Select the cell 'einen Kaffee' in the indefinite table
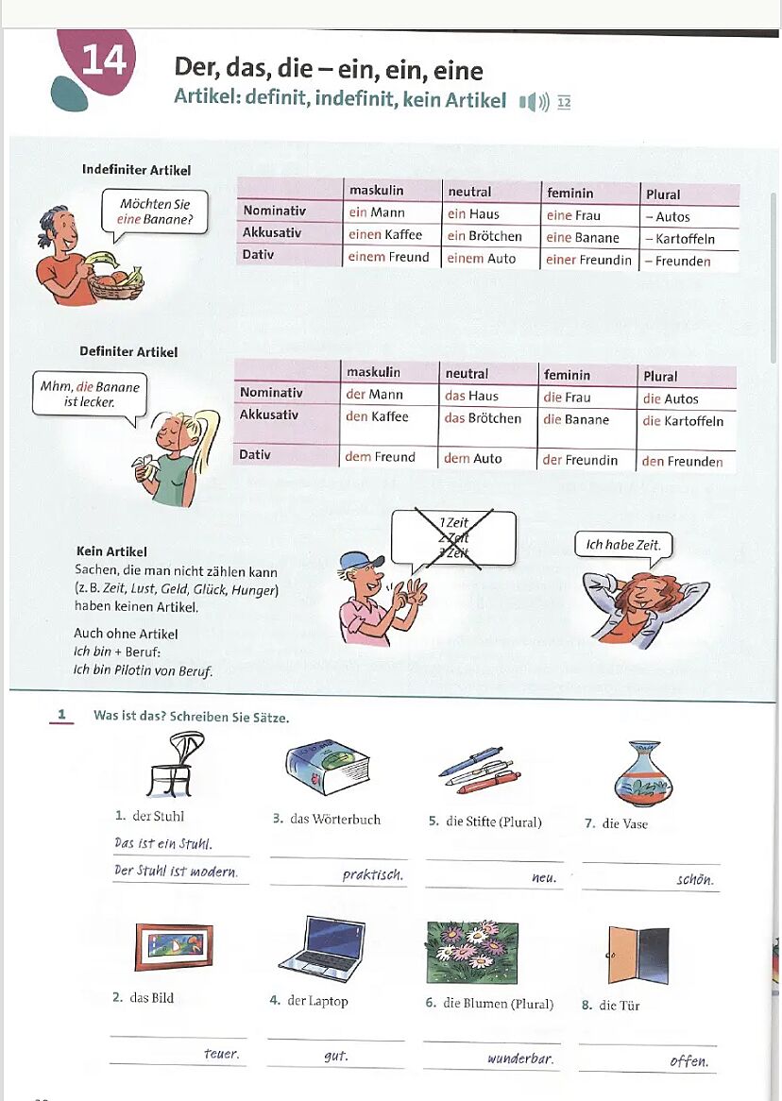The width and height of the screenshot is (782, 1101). tap(385, 234)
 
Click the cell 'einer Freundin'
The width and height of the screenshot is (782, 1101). tap(588, 260)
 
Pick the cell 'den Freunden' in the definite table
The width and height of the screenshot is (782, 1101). tap(682, 462)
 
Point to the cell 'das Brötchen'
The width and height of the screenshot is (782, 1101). tap(483, 418)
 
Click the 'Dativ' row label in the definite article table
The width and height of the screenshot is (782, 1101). tap(255, 454)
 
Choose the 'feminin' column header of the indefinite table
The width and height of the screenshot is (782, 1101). tap(569, 193)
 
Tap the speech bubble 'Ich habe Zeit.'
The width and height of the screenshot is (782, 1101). tap(623, 545)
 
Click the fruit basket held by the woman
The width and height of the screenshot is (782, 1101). tap(116, 281)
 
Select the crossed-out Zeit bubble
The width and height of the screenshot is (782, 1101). tap(453, 539)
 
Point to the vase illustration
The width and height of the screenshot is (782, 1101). tap(643, 772)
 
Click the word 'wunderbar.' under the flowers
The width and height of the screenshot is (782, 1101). tap(519, 1059)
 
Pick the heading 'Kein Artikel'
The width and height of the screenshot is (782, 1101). tap(110, 551)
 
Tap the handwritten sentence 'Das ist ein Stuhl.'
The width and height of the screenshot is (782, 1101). tap(162, 843)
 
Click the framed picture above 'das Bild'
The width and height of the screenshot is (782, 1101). tap(174, 947)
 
